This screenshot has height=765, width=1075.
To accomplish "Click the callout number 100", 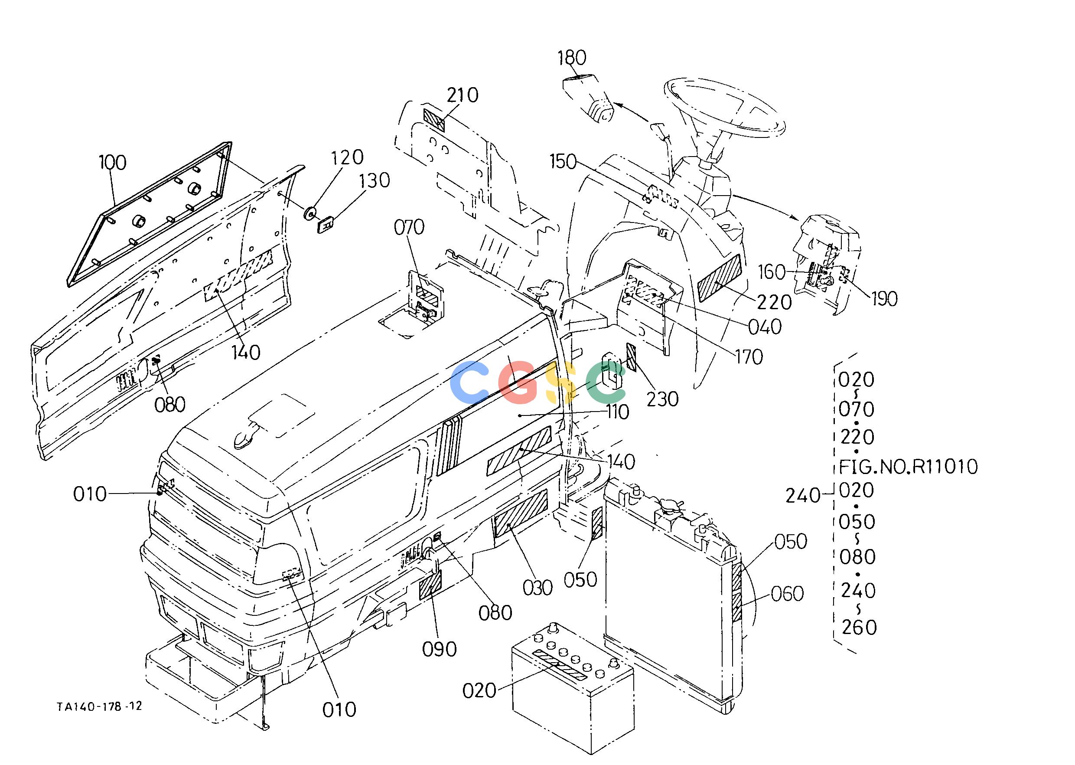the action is click(113, 163).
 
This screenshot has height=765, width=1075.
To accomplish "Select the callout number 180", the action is click(572, 58).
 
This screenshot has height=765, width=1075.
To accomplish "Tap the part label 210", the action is click(463, 95).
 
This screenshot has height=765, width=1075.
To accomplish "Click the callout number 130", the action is click(375, 180).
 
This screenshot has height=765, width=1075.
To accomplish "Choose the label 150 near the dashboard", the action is click(563, 162).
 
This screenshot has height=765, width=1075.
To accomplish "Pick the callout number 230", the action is click(662, 399).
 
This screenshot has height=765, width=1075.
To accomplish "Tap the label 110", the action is click(618, 412).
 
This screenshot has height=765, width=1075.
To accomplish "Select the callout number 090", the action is click(440, 650).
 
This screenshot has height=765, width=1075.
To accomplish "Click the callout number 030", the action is click(538, 588).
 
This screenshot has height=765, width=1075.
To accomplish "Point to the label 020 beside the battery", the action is click(479, 691).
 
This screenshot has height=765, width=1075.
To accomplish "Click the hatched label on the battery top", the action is click(559, 664).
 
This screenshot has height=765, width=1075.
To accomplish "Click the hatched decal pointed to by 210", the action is click(433, 120).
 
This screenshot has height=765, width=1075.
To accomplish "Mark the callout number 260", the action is click(859, 628).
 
